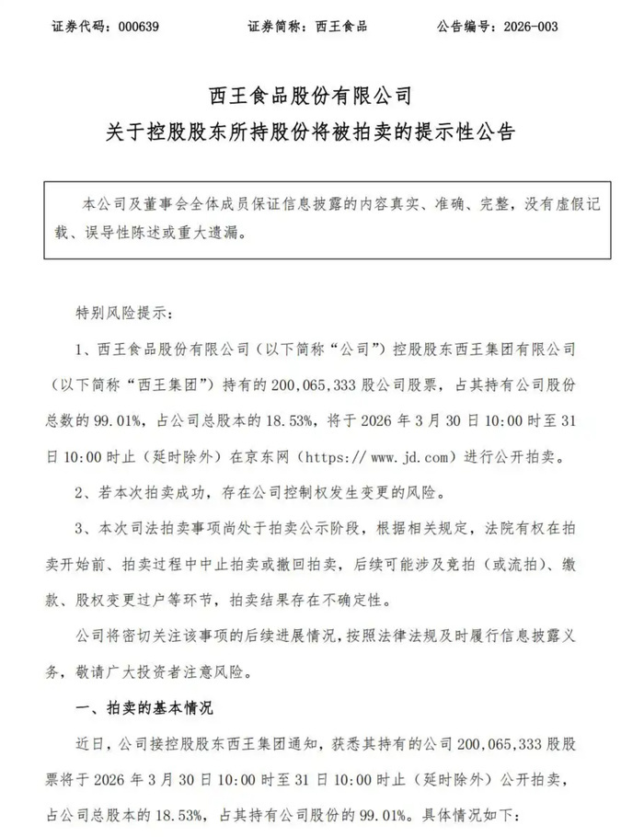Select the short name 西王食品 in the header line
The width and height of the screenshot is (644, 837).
341,27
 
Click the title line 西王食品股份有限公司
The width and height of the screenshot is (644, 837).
321,95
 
